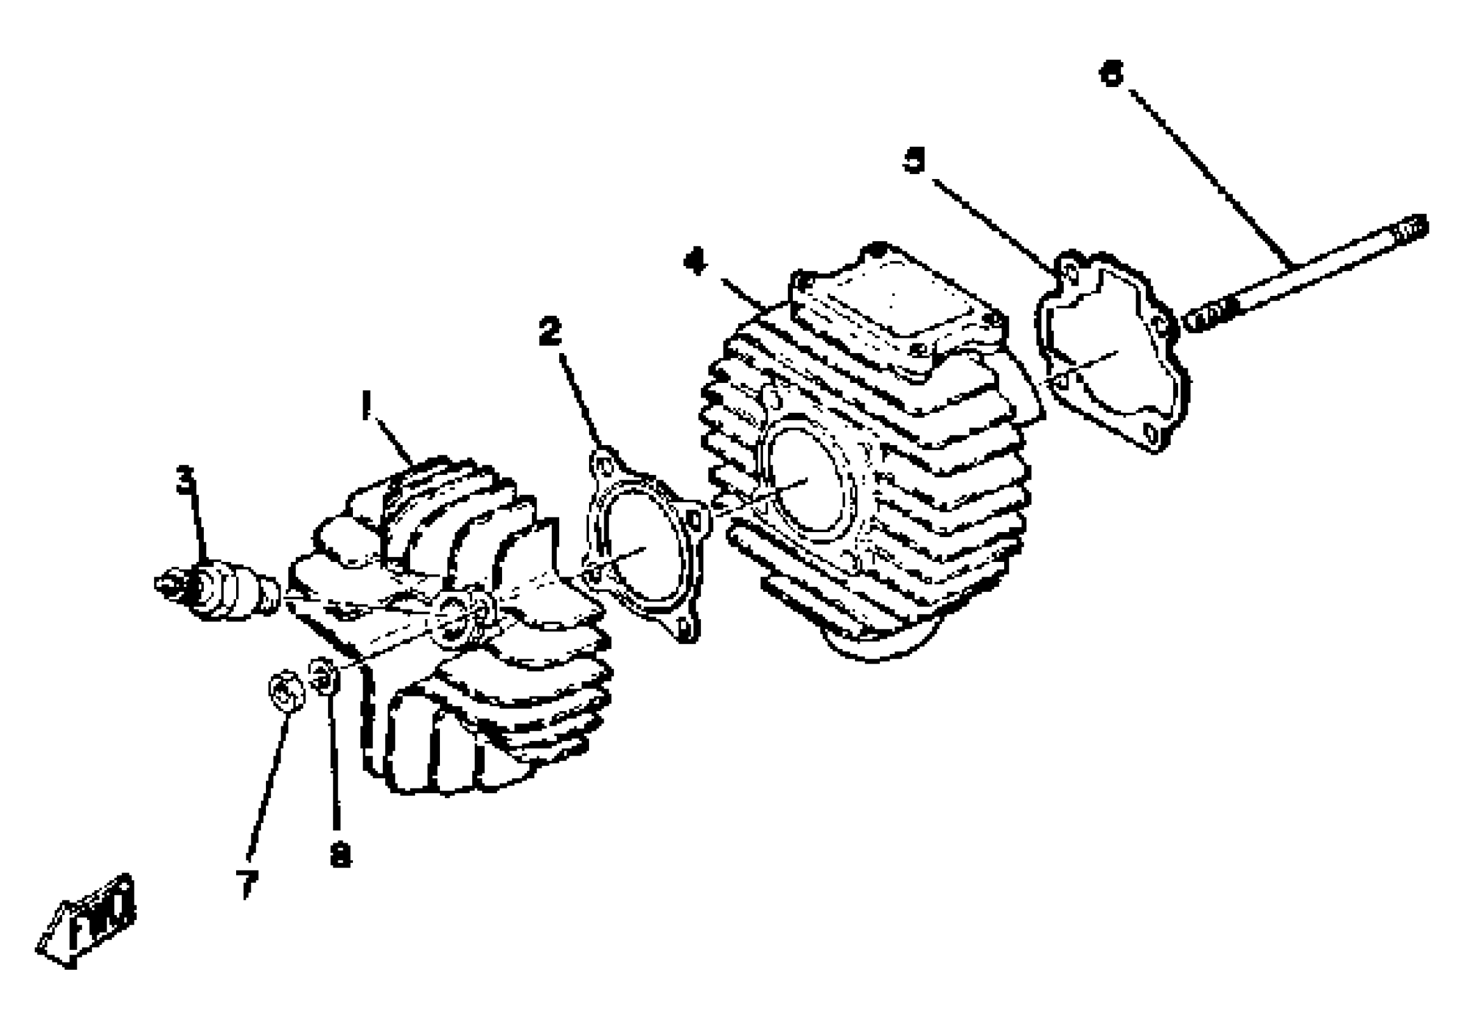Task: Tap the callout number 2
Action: coord(549,331)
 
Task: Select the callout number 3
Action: coord(185,480)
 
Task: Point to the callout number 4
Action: coord(695,262)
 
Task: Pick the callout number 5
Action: coord(914,160)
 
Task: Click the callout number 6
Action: coord(1111,73)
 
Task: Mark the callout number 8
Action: coord(340,854)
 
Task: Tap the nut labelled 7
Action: coord(285,690)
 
